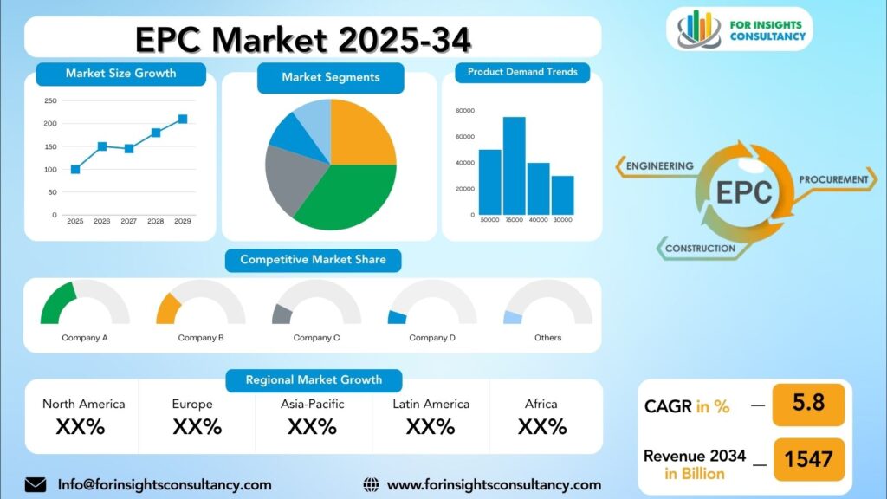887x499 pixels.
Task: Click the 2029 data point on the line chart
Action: (183, 119)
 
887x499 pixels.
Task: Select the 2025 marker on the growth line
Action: (75, 169)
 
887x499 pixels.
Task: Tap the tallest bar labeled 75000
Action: (515, 165)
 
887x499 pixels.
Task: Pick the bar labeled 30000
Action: (563, 195)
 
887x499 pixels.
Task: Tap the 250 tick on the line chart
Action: (51, 100)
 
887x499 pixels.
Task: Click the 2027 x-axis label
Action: (128, 221)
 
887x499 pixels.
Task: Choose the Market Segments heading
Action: (330, 77)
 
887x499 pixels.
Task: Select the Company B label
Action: (201, 338)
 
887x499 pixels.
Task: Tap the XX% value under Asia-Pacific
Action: (312, 426)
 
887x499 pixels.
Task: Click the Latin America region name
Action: (431, 404)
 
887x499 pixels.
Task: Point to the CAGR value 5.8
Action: (808, 403)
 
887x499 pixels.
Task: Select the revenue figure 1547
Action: (808, 459)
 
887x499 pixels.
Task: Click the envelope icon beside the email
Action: (35, 485)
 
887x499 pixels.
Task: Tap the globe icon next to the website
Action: (371, 485)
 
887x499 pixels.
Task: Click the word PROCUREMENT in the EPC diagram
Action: (833, 180)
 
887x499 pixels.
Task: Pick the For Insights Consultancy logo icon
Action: (699, 29)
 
